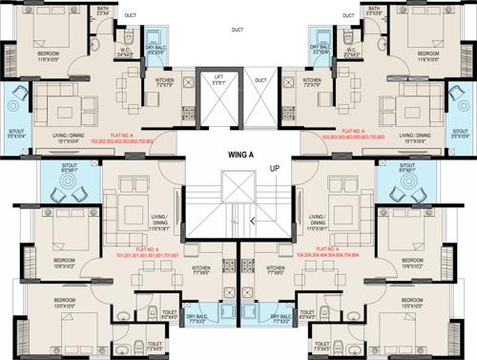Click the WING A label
click(238, 147)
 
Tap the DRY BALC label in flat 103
click(321, 48)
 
